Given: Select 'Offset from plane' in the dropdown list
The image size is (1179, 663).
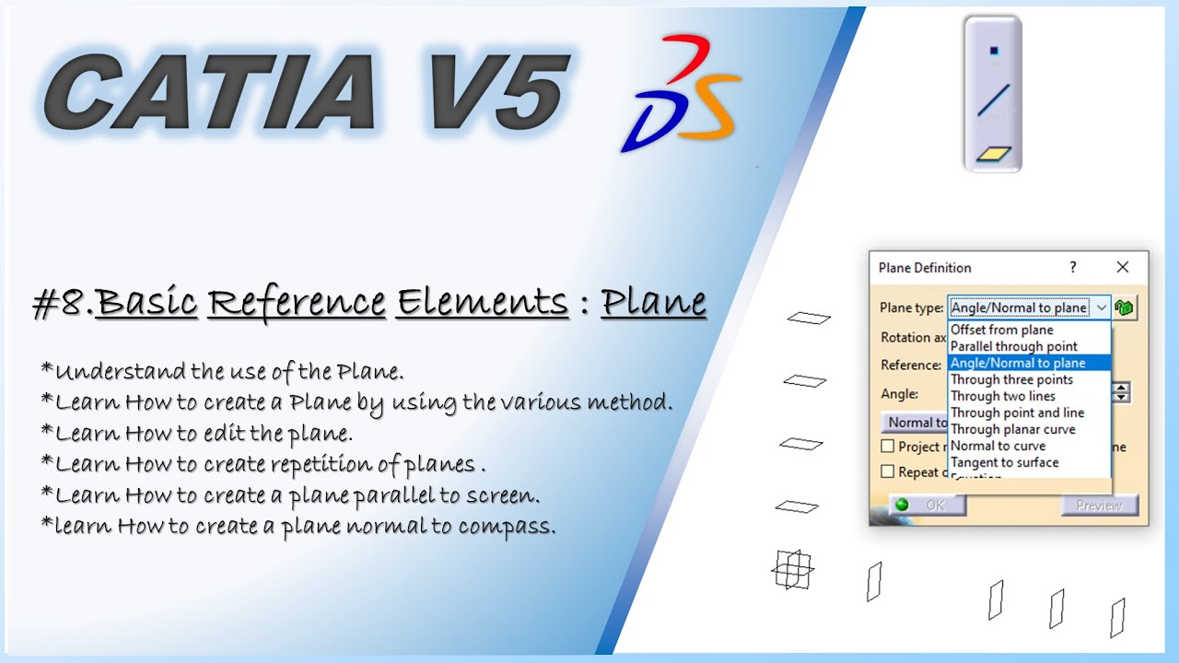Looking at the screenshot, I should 1001,330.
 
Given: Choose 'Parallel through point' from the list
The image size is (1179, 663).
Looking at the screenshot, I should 1013,346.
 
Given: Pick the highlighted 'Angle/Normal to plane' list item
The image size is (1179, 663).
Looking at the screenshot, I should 1017,363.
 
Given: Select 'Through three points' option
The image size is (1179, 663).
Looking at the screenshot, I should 1011,379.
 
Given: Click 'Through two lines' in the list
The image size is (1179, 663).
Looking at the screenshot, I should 1002,396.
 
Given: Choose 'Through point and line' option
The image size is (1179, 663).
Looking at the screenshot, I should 1017,413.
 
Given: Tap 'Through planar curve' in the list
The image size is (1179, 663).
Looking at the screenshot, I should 1012,429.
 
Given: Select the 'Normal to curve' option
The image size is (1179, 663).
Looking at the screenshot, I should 998,446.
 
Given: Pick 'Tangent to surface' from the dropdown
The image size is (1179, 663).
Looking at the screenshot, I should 1004,462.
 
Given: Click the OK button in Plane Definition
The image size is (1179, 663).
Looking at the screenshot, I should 928,505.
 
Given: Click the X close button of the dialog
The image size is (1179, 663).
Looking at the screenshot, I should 1122,267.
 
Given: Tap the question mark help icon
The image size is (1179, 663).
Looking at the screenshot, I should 1072,267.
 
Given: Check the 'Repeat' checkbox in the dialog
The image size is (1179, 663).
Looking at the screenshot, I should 888,471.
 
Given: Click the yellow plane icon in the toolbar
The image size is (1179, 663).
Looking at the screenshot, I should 994,154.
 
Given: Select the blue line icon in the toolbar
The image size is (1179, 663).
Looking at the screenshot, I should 993,99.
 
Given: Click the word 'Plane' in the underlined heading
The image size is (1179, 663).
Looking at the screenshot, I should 653,302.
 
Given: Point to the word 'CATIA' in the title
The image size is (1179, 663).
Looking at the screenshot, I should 210,92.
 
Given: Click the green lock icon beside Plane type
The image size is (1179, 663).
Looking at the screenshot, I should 1124,308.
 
